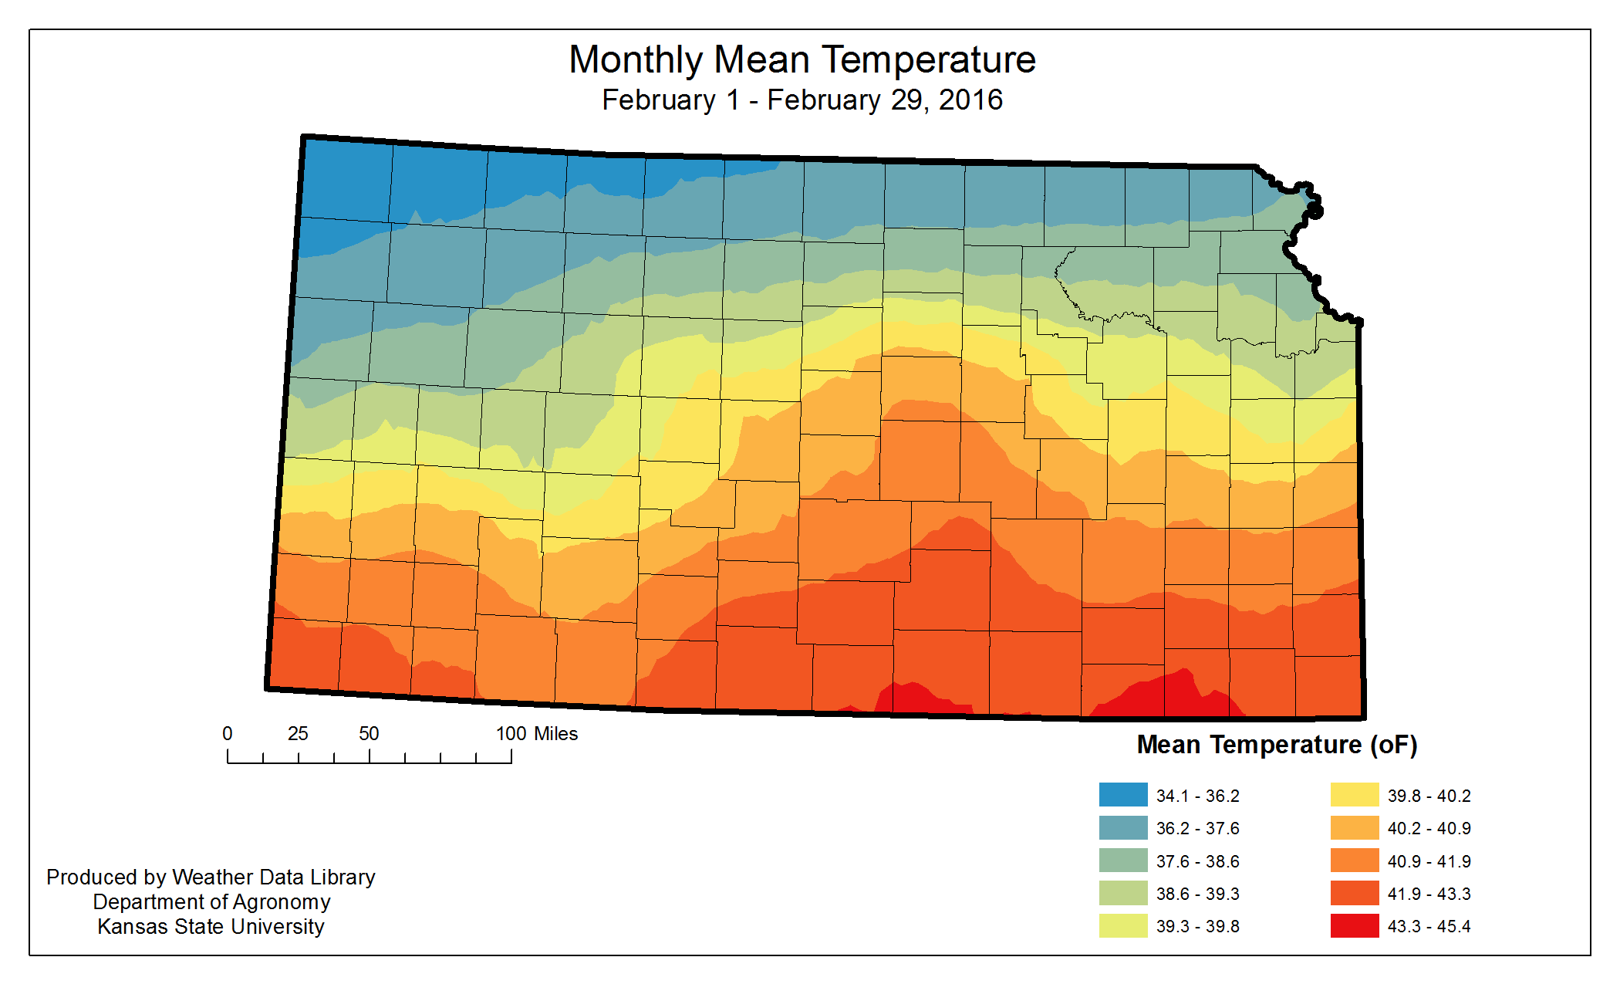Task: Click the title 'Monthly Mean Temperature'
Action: click(x=802, y=59)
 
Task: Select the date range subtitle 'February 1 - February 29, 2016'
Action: click(x=802, y=100)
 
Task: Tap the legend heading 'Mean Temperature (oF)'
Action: click(x=1277, y=745)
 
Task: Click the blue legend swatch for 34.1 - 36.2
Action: click(x=1123, y=795)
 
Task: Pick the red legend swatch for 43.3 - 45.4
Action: click(x=1355, y=925)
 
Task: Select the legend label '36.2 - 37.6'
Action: click(x=1197, y=828)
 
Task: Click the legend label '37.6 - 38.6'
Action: click(x=1197, y=861)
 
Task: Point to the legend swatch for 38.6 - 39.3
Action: click(x=1123, y=893)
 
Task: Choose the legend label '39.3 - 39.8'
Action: click(x=1197, y=926)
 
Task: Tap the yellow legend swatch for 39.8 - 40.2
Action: click(x=1355, y=795)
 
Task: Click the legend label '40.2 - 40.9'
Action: click(x=1429, y=828)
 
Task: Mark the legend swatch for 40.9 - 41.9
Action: click(x=1355, y=861)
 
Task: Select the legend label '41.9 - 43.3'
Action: click(x=1429, y=894)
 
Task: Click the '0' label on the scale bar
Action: click(x=228, y=733)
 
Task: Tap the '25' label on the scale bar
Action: click(x=298, y=733)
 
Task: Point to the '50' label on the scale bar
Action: click(x=369, y=733)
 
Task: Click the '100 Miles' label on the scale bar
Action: click(x=536, y=733)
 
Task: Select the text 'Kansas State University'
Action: click(x=211, y=926)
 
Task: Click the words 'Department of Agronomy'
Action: click(x=211, y=901)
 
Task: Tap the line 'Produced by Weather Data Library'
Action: click(x=211, y=877)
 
